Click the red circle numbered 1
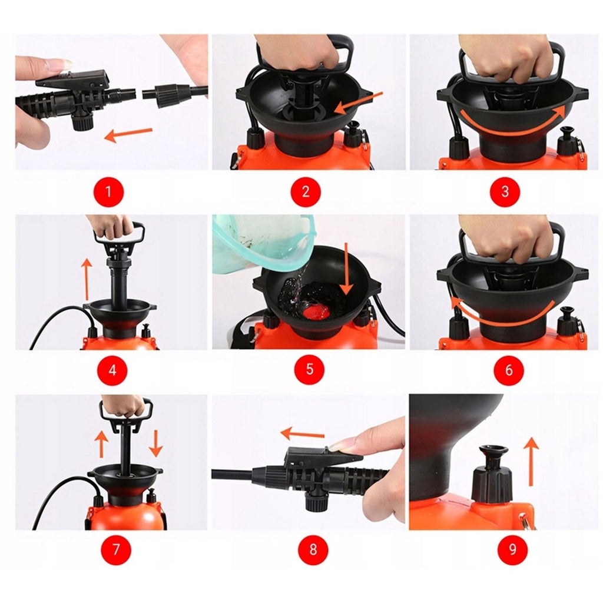pyautogui.click(x=109, y=191)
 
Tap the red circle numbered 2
pyautogui.click(x=306, y=191)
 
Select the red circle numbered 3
pyautogui.click(x=505, y=191)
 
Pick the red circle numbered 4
pyautogui.click(x=112, y=370)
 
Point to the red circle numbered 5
pyautogui.click(x=310, y=370)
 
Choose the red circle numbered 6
pyautogui.click(x=509, y=370)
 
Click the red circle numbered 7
pyautogui.click(x=116, y=549)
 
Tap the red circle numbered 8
pyautogui.click(x=313, y=549)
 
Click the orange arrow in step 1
pyautogui.click(x=128, y=134)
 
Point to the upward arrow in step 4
pyautogui.click(x=87, y=280)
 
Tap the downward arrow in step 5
pyautogui.click(x=346, y=269)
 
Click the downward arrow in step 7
pyautogui.click(x=155, y=443)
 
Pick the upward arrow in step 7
pyautogui.click(x=101, y=444)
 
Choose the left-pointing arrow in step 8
pyautogui.click(x=303, y=434)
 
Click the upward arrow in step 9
pyautogui.click(x=531, y=462)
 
